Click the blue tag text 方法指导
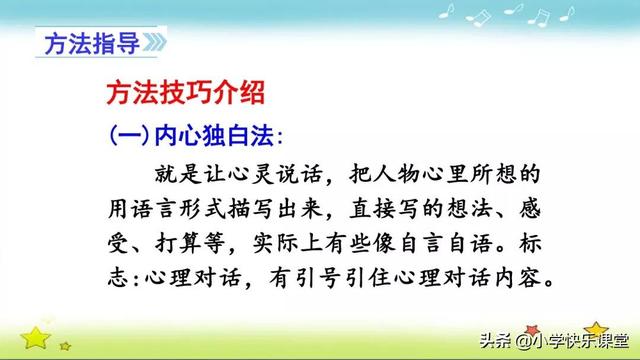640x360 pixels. coord(82,46)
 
